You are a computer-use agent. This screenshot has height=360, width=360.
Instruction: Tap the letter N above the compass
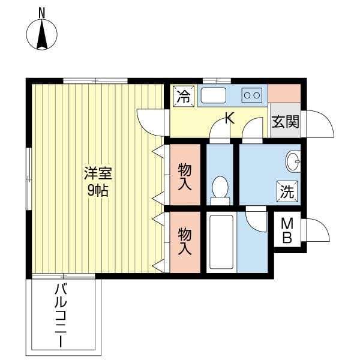[42, 11]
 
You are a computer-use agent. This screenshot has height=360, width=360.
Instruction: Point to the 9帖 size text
[97, 191]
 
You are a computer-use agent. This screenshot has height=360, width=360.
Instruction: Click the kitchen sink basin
[212, 96]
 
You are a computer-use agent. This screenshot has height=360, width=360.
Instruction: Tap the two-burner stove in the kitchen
[252, 94]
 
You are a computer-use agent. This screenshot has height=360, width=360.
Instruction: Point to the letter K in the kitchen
[229, 119]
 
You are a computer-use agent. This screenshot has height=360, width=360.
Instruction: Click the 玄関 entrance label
[285, 122]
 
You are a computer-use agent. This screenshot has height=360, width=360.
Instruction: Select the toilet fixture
[220, 188]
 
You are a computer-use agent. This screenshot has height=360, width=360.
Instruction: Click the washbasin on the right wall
[293, 161]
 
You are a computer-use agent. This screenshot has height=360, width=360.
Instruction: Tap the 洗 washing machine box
[287, 191]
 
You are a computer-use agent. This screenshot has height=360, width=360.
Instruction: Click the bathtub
[221, 242]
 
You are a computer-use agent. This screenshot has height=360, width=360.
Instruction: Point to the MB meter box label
[287, 231]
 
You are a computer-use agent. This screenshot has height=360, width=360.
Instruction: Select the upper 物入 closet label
[185, 176]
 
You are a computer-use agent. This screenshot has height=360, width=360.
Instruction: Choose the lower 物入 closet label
[185, 241]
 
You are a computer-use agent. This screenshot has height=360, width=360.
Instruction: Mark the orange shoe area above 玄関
[284, 94]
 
